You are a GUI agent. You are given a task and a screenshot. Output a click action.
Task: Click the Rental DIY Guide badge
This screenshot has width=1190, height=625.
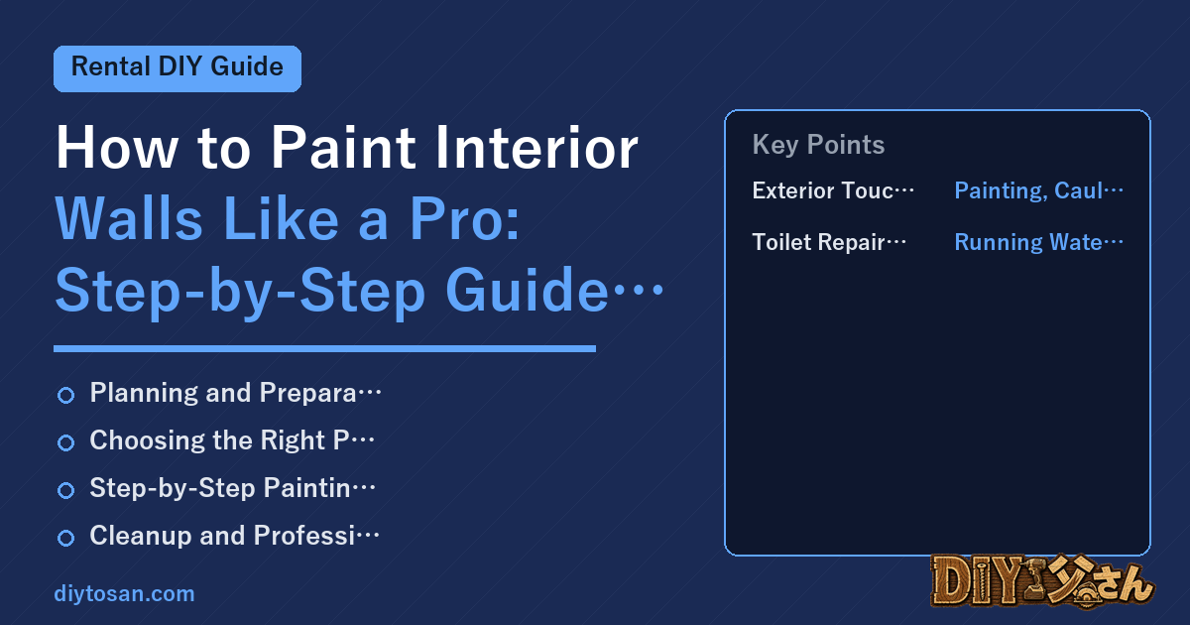click(x=178, y=68)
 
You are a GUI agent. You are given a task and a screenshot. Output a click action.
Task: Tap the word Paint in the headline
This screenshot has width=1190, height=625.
click(x=343, y=147)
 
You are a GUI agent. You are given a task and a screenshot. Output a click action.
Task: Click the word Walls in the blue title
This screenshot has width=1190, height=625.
click(x=129, y=218)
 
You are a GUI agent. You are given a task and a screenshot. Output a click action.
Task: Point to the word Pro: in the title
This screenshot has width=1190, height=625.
click(x=464, y=218)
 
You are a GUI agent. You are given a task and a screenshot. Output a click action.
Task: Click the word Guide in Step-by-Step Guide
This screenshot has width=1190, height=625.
click(x=527, y=290)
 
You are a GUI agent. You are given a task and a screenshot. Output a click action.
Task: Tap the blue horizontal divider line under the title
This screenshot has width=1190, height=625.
click(x=324, y=348)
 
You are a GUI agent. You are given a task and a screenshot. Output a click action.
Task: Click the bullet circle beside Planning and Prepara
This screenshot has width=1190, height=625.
click(x=65, y=395)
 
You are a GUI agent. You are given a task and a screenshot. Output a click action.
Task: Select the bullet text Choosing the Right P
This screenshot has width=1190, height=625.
click(x=232, y=440)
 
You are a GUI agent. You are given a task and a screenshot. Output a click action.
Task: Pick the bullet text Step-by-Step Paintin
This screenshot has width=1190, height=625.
click(x=232, y=488)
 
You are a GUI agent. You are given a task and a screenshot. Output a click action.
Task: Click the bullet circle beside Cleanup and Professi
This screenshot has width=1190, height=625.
click(x=65, y=538)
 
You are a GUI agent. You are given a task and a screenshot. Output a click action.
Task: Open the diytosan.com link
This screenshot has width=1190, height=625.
click(x=124, y=593)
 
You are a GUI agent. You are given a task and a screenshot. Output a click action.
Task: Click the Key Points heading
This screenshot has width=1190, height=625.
click(x=818, y=145)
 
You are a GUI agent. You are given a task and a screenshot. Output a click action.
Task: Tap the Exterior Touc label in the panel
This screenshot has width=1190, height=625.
click(x=832, y=190)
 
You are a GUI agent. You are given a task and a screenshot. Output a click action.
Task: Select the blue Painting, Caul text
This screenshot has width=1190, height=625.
click(x=1038, y=190)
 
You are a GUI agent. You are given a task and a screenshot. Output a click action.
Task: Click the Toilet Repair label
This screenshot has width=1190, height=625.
click(x=829, y=242)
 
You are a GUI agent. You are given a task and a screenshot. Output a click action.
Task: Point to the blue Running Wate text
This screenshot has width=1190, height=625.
click(x=1038, y=242)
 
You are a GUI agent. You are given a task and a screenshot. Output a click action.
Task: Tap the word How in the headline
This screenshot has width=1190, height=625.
click(x=117, y=147)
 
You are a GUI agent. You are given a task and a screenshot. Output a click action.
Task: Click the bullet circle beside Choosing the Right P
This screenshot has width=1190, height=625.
click(x=65, y=442)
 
